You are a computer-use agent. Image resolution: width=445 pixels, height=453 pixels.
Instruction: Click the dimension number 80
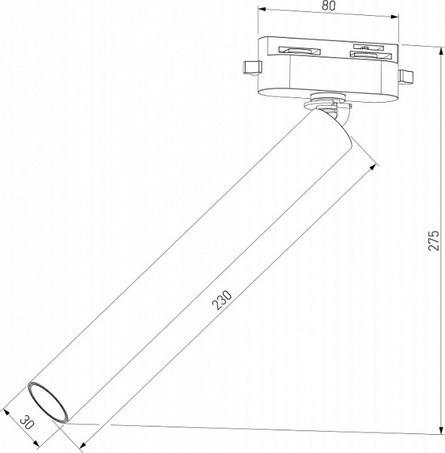(x=327, y=5)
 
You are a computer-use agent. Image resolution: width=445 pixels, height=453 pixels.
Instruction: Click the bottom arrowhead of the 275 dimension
(x=442, y=431)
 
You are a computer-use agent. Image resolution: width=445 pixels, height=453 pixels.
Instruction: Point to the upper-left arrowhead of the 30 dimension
(x=6, y=412)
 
